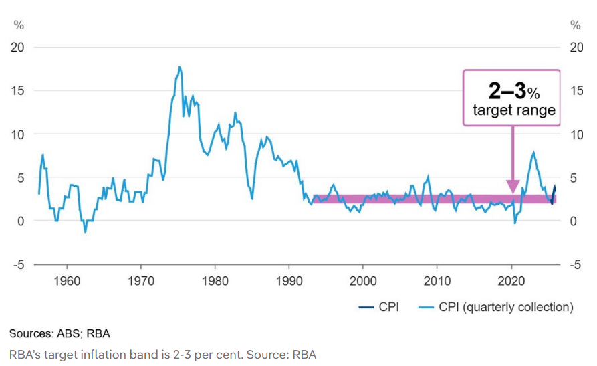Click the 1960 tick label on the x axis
tap(67, 280)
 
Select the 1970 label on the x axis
tap(140, 280)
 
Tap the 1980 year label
tap(215, 280)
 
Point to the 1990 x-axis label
tap(289, 280)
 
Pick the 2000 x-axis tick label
tap(363, 280)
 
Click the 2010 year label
tap(437, 280)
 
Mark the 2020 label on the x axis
tap(511, 280)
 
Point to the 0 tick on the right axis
tap(572, 221)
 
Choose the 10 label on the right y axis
tap(576, 134)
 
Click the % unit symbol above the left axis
tap(19, 25)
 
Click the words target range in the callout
tap(514, 110)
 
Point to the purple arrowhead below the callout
tap(513, 187)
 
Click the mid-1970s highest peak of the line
tap(179, 67)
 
